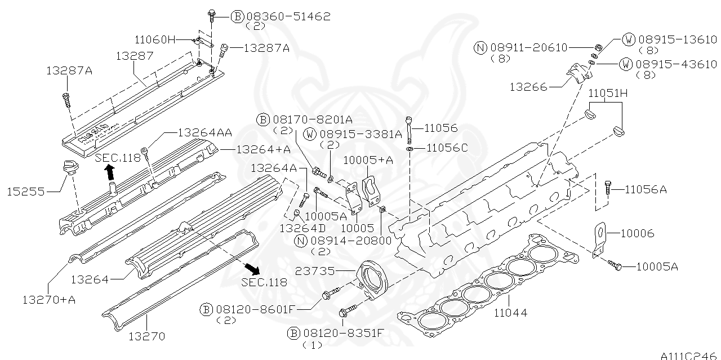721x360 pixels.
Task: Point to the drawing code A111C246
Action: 689,355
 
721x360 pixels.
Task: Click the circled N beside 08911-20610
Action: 480,48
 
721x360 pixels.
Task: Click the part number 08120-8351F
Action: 344,333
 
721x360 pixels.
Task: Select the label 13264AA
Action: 204,133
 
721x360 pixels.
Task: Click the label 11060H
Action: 155,39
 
